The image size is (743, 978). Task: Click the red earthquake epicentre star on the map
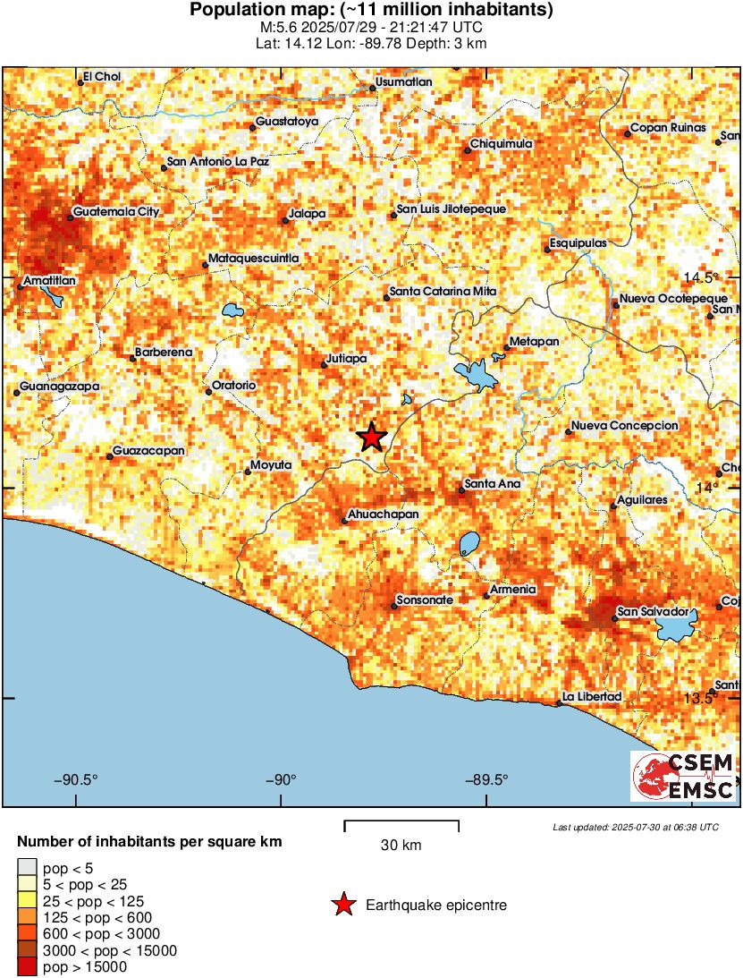point(371,437)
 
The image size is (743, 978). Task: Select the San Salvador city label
point(654,612)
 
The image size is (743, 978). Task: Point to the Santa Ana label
point(492,484)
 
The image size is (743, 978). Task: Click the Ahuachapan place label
point(383,515)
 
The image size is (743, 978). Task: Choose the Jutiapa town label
point(348,359)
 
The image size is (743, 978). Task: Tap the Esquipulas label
point(578,243)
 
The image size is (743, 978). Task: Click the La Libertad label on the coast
point(592,697)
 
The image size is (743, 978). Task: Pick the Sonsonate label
point(426,600)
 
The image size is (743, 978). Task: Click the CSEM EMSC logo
point(684,776)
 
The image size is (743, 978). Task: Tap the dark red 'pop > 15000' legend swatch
point(28,966)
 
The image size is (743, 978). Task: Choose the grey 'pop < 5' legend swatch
point(28,866)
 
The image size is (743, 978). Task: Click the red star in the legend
point(342,906)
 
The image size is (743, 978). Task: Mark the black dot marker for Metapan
point(507,347)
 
